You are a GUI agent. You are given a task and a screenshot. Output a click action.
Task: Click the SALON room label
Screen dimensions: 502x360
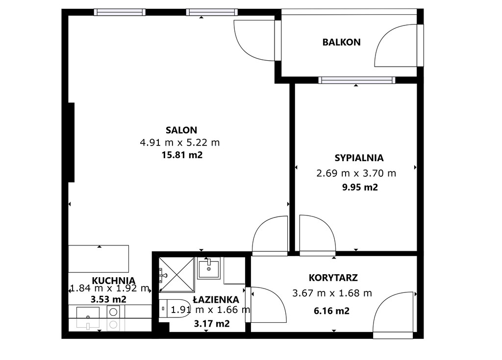(x=181, y=130)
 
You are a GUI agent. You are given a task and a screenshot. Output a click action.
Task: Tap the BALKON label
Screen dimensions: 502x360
(x=341, y=42)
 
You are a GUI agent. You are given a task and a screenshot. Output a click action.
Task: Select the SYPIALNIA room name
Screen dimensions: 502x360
(x=359, y=158)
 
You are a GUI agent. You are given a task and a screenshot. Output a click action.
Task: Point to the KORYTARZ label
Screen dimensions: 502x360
(x=333, y=278)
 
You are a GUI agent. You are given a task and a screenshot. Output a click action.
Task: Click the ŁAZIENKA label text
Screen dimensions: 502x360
(x=216, y=299)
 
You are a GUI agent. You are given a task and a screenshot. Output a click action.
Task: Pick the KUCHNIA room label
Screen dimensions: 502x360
(x=113, y=281)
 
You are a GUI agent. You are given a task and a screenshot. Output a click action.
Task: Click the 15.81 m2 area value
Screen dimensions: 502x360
(x=182, y=155)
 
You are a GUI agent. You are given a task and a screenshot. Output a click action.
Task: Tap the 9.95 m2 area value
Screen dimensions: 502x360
(x=360, y=187)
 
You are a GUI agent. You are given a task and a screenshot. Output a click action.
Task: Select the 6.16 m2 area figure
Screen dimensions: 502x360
(x=331, y=311)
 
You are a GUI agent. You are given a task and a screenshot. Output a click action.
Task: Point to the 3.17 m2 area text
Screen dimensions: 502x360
(x=212, y=324)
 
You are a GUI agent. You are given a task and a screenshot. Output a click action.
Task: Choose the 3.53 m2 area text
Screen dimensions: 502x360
(x=108, y=300)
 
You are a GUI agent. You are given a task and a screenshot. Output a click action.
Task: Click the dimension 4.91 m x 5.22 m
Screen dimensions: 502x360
(x=179, y=143)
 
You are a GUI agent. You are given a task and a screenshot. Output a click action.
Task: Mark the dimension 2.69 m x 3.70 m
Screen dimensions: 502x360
(x=356, y=173)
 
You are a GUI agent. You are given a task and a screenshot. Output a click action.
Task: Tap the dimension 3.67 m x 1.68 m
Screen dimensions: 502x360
(x=332, y=293)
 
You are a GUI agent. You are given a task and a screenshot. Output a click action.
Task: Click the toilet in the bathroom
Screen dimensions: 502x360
(x=175, y=309)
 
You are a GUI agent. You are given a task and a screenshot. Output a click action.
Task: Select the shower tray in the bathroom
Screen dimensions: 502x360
(x=176, y=275)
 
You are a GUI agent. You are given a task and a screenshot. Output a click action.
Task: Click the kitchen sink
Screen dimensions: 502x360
(x=88, y=317)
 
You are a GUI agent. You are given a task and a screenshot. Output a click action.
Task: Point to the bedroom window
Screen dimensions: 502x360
(x=357, y=80)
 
